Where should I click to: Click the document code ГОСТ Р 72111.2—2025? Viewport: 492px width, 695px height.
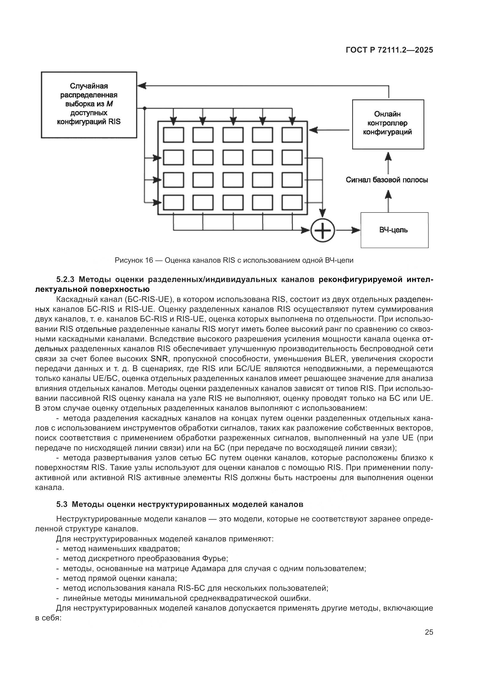pos(389,50)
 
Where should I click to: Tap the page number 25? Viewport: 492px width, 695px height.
pos(429,632)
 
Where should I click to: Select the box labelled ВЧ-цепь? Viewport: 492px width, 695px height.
pos(394,230)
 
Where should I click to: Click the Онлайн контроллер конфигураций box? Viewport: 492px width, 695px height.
pos(388,124)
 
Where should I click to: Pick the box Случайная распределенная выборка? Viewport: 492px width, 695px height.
pos(89,105)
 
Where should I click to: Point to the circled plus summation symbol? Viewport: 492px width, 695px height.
pos(323,230)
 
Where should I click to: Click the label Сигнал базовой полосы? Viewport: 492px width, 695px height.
pos(387,180)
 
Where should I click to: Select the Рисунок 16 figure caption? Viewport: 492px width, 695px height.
pos(234,260)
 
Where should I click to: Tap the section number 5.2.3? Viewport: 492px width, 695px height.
pos(66,279)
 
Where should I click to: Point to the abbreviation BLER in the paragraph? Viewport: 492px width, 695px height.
pos(335,359)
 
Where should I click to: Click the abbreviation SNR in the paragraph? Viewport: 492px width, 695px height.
pos(158,359)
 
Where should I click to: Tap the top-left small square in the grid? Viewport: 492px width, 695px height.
pos(173,135)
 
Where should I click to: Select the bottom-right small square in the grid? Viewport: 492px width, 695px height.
pos(292,203)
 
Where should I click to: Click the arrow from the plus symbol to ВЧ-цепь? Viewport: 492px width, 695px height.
pos(348,230)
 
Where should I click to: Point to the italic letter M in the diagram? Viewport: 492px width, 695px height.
pos(109,104)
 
